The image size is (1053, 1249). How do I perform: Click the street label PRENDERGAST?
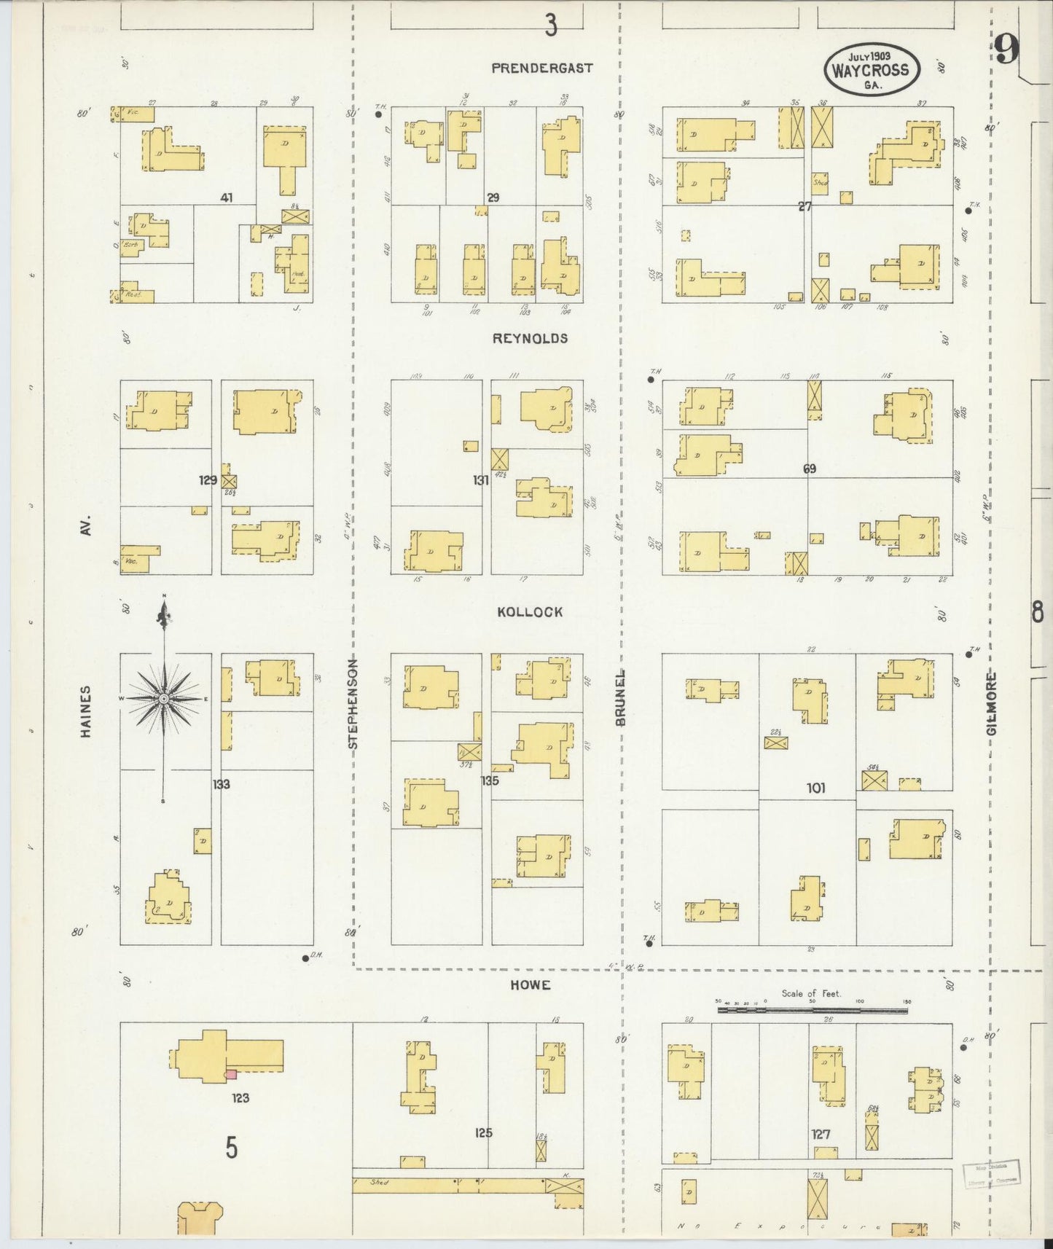(x=541, y=68)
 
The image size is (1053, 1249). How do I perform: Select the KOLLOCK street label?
(x=530, y=612)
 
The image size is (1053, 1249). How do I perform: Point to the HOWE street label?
(x=530, y=985)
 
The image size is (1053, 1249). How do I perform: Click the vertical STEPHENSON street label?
(x=353, y=704)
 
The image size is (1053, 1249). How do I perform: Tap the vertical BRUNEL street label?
(x=621, y=697)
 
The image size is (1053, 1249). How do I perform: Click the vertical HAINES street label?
(x=86, y=711)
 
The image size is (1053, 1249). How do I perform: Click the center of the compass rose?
(x=165, y=698)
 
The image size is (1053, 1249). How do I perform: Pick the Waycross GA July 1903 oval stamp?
(x=872, y=68)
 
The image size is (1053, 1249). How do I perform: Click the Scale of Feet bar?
(x=813, y=1011)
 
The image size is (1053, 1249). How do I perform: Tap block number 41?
(x=227, y=197)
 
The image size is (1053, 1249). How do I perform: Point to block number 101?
(x=815, y=788)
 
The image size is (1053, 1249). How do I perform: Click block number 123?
(x=240, y=1098)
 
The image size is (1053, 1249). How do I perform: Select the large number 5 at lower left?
(x=231, y=1148)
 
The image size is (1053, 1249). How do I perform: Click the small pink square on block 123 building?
(x=230, y=1073)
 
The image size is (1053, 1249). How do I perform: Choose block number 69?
(x=810, y=469)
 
